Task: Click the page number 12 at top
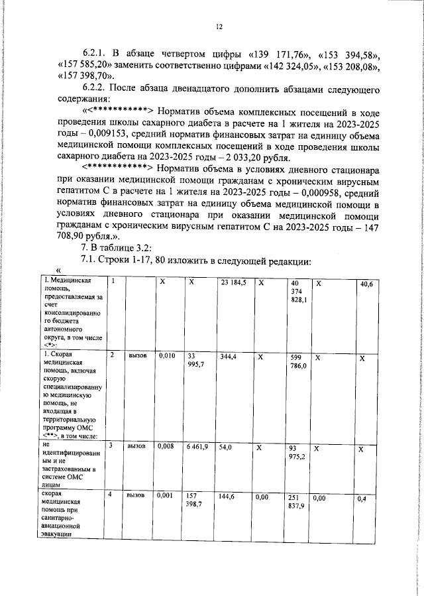[218, 27]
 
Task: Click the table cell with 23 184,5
[234, 282]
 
